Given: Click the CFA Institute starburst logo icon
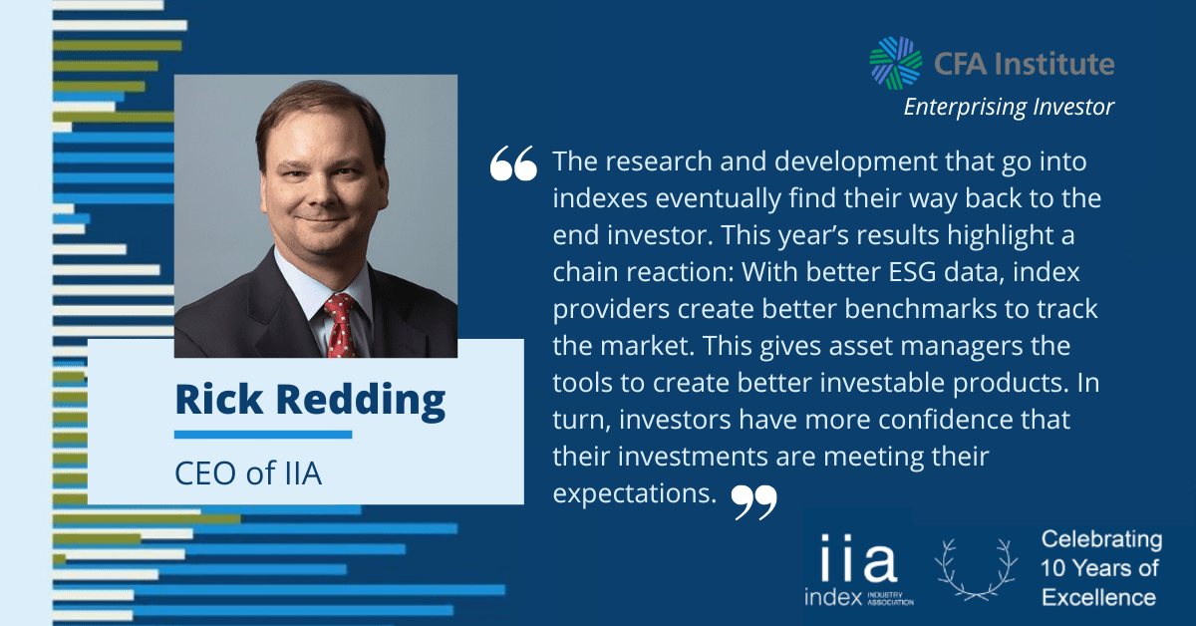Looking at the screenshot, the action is pos(895,63).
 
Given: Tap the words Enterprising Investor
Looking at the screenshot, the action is pos(1009,107).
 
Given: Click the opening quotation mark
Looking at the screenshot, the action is pos(513,162).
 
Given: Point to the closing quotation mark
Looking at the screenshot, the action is pos(753,502).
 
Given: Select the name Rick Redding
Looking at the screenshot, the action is pos(310,401).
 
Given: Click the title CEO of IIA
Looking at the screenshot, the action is pos(248,473).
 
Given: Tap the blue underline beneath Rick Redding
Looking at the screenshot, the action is pos(263,435).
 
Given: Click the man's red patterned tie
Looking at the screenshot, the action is pos(340,325).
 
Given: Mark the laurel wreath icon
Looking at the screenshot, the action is pos(976,569).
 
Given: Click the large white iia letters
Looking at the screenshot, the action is pos(858,558).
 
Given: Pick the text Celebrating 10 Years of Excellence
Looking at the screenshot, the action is pos(1101,568).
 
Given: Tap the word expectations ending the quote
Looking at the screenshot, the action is pos(634,493).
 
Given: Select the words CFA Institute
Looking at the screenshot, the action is pos(1025,64).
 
